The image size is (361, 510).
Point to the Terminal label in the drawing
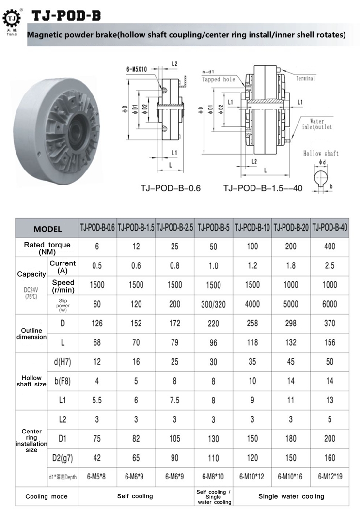click(x=305, y=78)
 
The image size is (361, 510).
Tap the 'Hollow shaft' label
click(x=321, y=154)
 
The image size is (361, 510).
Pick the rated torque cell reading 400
click(x=329, y=247)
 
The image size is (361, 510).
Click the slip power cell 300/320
click(x=213, y=304)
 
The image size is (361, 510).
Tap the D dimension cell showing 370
click(x=329, y=323)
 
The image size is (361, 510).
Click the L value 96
click(x=213, y=342)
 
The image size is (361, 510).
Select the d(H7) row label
click(x=63, y=361)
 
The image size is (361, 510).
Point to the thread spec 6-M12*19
click(x=329, y=477)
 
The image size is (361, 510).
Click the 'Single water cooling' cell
click(x=291, y=496)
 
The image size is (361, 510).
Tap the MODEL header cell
click(x=47, y=228)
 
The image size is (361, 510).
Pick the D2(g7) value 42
click(x=97, y=457)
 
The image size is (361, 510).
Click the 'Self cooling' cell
click(x=136, y=496)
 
